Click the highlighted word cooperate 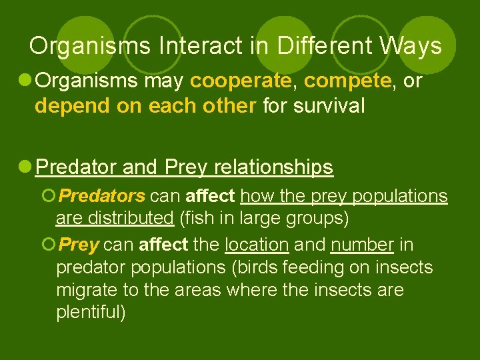pyautogui.click(x=241, y=81)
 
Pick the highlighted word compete pyautogui.click(x=347, y=81)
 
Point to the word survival pyautogui.click(x=328, y=106)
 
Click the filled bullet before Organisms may pyautogui.click(x=25, y=81)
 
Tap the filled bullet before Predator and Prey pyautogui.click(x=25, y=167)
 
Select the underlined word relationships pyautogui.click(x=273, y=167)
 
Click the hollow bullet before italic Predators pyautogui.click(x=47, y=196)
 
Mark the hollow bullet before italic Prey pyautogui.click(x=47, y=245)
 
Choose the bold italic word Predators pyautogui.click(x=101, y=196)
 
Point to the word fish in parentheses pyautogui.click(x=198, y=219)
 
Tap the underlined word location pyautogui.click(x=257, y=245)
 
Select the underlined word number pyautogui.click(x=363, y=245)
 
